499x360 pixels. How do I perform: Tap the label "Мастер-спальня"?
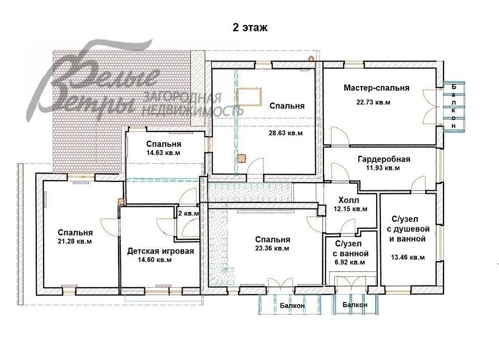[x=376, y=88]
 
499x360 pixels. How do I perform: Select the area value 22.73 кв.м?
[x=373, y=102]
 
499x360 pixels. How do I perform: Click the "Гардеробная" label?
[x=383, y=159]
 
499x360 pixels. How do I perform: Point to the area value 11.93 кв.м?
[x=381, y=167]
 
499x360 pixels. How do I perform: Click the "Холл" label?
[x=349, y=200]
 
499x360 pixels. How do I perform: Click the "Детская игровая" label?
[x=160, y=251]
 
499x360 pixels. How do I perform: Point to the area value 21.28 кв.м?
[x=75, y=241]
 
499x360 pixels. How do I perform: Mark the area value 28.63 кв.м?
[x=286, y=133]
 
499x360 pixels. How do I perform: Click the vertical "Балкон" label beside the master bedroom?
[x=453, y=106]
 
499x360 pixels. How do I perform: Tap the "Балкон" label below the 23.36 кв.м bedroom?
[x=293, y=306]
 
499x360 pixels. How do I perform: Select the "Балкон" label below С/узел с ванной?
[x=355, y=305]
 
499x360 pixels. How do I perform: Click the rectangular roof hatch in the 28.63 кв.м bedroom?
[x=249, y=96]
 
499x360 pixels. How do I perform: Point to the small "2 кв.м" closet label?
[x=188, y=213]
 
